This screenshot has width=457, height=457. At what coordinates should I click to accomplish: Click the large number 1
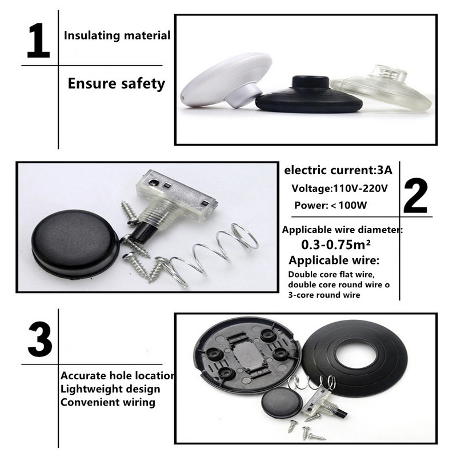click(x=38, y=41)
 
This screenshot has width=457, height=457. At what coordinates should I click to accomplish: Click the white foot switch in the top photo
click(x=226, y=80)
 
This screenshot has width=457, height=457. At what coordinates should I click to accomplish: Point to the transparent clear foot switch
click(x=382, y=87)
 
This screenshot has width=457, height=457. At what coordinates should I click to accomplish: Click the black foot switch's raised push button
click(x=311, y=82)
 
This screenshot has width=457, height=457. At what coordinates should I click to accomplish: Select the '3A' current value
click(x=384, y=170)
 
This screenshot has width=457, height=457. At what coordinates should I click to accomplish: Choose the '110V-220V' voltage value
click(x=360, y=189)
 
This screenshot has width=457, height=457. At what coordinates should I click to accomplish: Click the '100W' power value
click(x=353, y=205)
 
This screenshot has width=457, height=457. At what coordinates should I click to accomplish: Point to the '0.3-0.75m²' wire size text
click(x=336, y=245)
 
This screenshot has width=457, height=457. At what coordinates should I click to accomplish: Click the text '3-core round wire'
click(x=324, y=295)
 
